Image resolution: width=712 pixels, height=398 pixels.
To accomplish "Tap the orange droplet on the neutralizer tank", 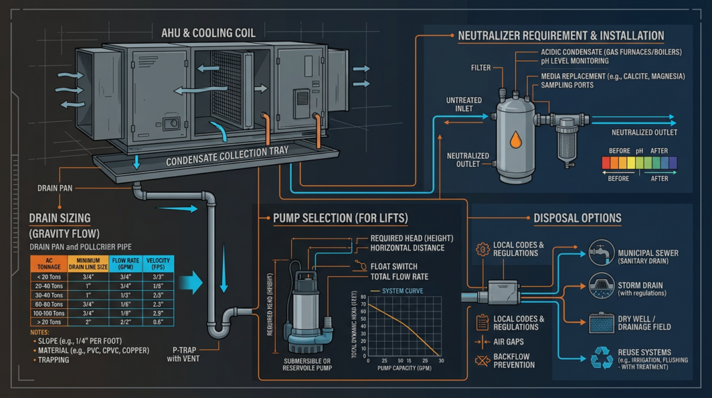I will click(x=515, y=141).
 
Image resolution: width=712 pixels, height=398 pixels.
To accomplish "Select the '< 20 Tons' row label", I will click(x=47, y=276).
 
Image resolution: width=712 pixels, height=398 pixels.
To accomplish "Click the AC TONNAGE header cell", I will click(x=47, y=264).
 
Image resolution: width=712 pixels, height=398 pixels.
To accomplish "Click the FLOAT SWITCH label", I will click(x=395, y=266).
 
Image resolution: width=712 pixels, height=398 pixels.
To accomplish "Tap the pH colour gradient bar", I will click(x=638, y=164).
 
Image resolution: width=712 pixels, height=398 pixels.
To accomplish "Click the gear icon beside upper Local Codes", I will click(x=481, y=249).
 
